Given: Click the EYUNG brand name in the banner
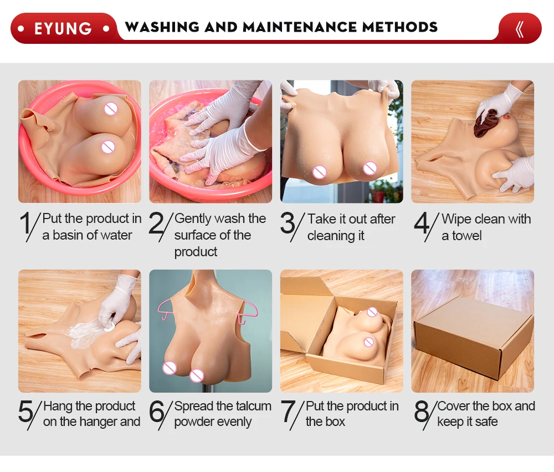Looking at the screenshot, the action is [63, 29].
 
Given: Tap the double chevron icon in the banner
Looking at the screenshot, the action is [520, 29].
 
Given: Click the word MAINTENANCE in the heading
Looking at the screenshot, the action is [300, 27].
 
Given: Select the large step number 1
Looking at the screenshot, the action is [26, 224].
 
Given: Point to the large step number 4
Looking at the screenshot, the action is [422, 224].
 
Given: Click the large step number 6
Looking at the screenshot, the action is [157, 411].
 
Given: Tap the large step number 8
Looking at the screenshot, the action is [422, 411].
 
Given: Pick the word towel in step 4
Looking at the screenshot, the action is [466, 236].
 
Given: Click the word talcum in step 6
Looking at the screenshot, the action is [252, 406].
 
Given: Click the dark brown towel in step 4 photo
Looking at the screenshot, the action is [485, 123].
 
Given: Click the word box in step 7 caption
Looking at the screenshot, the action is [335, 422].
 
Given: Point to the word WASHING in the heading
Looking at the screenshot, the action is [162, 27].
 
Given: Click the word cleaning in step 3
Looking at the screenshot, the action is [331, 236].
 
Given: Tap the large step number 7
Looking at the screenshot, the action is [288, 411].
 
